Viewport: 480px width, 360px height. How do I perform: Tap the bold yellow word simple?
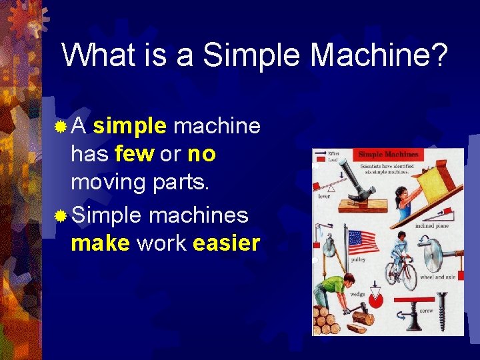coord(130,125)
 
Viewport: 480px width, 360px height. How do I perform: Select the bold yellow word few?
coord(135,154)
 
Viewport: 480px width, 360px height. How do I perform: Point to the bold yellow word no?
coord(201,154)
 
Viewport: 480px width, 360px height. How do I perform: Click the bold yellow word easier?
coord(226,243)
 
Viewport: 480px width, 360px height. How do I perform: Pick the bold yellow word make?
coord(100,243)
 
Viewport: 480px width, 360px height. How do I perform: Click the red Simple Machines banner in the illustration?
coord(389,155)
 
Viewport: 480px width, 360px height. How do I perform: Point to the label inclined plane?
coord(432,225)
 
